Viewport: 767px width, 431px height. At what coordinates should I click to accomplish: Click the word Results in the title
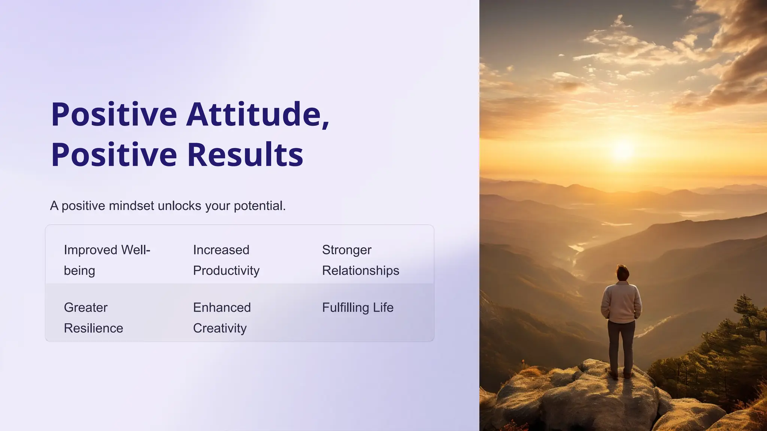point(245,155)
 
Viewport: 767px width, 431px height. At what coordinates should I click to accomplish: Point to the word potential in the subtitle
point(259,206)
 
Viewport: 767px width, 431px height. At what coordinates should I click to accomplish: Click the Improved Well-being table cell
point(107,260)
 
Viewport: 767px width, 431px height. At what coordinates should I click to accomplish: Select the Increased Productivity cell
point(226,260)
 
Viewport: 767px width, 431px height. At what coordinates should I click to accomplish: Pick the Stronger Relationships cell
point(360,260)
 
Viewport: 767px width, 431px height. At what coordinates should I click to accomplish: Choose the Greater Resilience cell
point(94,318)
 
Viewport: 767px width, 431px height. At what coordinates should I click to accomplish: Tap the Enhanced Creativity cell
point(222,318)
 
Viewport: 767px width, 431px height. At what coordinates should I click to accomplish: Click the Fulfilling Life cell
point(358,308)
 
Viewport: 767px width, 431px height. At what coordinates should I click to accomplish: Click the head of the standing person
point(622,272)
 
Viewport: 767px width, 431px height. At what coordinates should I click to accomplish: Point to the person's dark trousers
point(621,344)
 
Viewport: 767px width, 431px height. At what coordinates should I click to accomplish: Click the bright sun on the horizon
point(622,150)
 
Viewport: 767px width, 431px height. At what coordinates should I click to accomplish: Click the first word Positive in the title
point(114,114)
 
